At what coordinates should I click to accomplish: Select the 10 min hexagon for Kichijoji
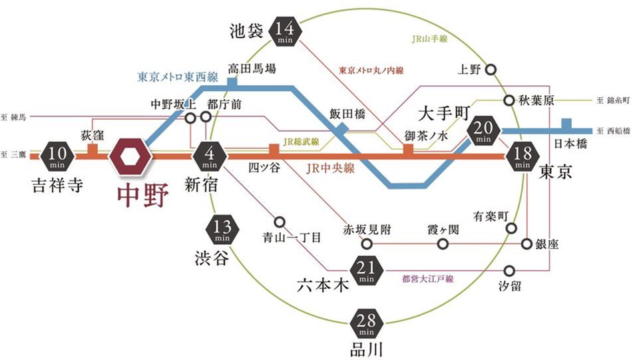point(56,156)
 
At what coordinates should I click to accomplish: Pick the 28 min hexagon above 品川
point(366,324)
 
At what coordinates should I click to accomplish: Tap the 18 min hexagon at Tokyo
point(522,157)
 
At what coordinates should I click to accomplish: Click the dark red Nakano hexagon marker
point(132,156)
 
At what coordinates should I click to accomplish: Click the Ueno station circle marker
point(491,69)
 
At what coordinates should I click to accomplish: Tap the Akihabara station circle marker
point(509,100)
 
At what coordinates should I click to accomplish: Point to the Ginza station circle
point(528,244)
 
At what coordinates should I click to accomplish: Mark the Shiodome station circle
point(510,271)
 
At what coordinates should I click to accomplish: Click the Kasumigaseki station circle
point(443,244)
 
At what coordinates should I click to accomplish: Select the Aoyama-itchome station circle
point(280,222)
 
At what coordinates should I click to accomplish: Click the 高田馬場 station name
point(252,68)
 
